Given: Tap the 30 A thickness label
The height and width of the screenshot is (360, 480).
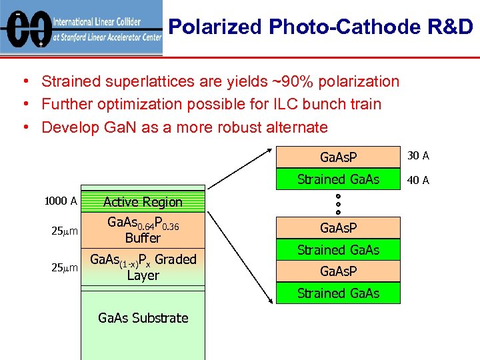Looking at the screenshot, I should pyautogui.click(x=418, y=156).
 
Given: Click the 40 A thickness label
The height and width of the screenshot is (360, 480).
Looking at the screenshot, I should pyautogui.click(x=418, y=180).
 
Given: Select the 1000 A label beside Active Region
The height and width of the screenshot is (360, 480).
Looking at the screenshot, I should pyautogui.click(x=61, y=201).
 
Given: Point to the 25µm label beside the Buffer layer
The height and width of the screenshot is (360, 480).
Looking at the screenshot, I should pyautogui.click(x=65, y=231).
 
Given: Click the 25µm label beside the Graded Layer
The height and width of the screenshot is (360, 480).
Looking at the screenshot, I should pyautogui.click(x=65, y=267).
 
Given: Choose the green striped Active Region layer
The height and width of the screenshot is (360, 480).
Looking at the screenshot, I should pyautogui.click(x=143, y=201).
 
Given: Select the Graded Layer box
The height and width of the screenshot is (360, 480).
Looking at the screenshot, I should pyautogui.click(x=143, y=267).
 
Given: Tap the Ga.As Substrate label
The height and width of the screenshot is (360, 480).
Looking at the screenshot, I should pyautogui.click(x=143, y=318).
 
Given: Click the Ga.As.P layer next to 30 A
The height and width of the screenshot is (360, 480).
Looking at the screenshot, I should pyautogui.click(x=338, y=157).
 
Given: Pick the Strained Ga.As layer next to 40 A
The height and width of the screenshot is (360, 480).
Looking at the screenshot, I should pyautogui.click(x=338, y=179).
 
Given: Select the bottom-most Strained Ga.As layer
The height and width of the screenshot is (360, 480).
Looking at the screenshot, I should pyautogui.click(x=338, y=293).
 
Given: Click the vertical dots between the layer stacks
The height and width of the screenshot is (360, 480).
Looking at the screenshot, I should pyautogui.click(x=338, y=203).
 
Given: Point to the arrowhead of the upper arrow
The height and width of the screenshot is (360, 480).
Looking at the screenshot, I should pyautogui.click(x=272, y=143).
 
